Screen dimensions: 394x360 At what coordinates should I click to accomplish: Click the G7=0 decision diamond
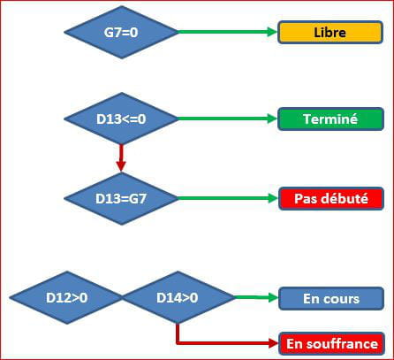[x=121, y=32]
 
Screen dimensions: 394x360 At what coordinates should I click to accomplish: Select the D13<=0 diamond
[x=121, y=119]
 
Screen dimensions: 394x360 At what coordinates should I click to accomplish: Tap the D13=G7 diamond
[x=121, y=198]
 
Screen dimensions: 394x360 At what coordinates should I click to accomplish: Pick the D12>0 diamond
[x=66, y=298]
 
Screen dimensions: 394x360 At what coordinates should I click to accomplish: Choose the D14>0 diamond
[x=178, y=298]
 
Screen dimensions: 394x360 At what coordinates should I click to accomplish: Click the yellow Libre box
[x=330, y=33]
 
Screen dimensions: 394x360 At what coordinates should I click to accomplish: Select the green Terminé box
[x=330, y=119]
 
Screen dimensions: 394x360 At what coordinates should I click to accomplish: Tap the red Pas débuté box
[x=331, y=198]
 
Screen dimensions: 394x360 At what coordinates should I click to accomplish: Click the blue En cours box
[x=331, y=298]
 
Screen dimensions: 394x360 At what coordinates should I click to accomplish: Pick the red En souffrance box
[x=331, y=343]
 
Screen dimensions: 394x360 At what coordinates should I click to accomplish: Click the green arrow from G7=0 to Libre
[x=228, y=32]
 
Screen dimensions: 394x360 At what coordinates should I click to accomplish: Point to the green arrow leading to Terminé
[x=228, y=119]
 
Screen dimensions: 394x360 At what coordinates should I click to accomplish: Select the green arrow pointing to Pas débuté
[x=228, y=198]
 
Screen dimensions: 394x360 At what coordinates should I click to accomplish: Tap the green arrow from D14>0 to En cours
[x=257, y=297]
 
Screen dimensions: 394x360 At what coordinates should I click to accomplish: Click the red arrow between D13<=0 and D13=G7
[x=121, y=157]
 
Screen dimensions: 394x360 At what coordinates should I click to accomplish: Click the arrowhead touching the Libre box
[x=272, y=32]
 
